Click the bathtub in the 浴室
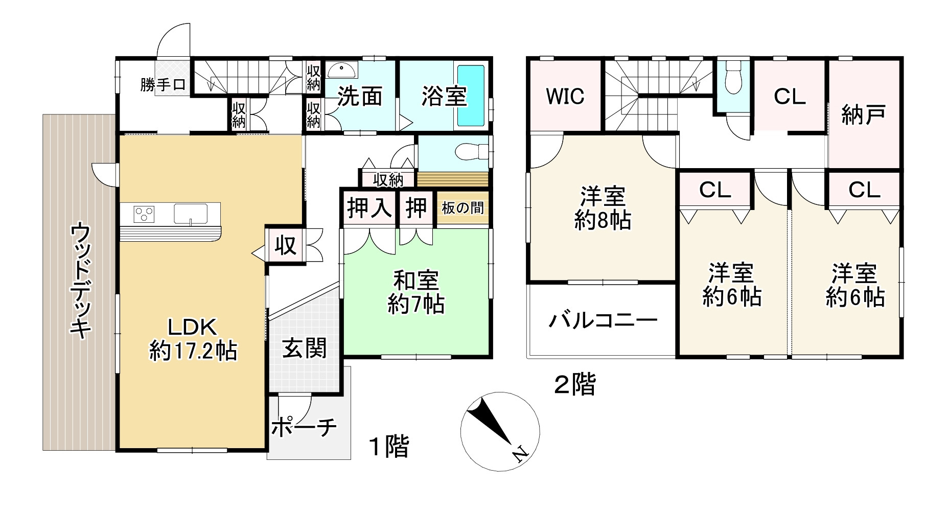coord(470,96)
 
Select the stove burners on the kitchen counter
coord(144,214)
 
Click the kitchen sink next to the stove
coord(190,214)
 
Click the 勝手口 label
coord(163,85)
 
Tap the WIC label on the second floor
coord(565,96)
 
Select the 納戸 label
coord(863,115)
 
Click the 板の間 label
coord(463,208)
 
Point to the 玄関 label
coord(304,349)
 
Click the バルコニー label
coord(603,321)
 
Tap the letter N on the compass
coord(520,453)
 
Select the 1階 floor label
coord(389,446)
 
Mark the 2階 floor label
coord(575,385)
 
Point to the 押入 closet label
coord(369,208)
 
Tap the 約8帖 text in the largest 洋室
coord(603,220)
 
